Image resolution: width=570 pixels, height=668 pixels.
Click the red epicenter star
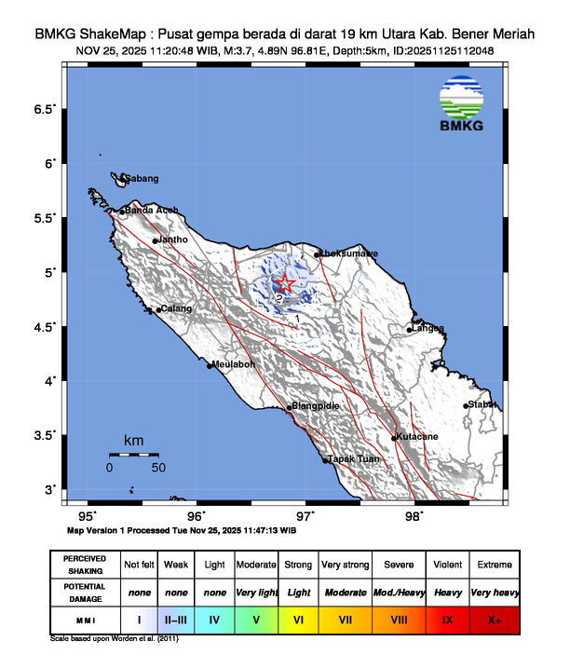[x=287, y=282]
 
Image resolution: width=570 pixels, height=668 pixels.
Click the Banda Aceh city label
[x=151, y=210]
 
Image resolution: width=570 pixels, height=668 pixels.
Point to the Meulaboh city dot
[x=210, y=366]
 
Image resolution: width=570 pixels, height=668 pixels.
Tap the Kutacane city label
[x=416, y=436]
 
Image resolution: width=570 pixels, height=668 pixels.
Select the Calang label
[x=176, y=308]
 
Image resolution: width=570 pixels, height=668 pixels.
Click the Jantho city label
[x=174, y=239]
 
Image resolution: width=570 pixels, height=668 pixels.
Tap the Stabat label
[x=482, y=404]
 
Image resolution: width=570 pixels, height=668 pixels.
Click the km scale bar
[x=134, y=454]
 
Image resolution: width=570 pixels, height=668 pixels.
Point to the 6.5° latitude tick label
[x=44, y=110]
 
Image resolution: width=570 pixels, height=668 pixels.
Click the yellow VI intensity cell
[x=298, y=618]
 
